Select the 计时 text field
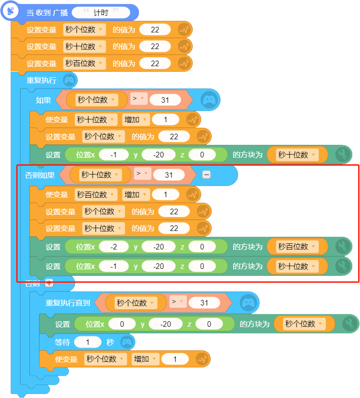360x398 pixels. click(101, 12)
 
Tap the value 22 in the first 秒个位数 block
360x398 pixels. click(155, 30)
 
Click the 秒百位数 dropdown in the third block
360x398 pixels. click(84, 63)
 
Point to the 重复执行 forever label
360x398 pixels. click(41, 80)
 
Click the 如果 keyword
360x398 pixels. click(43, 100)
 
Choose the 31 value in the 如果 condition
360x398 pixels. click(165, 100)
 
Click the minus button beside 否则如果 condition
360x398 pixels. click(206, 174)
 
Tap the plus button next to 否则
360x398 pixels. click(49, 283)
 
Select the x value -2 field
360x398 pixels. click(114, 247)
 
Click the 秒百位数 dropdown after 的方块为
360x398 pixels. click(297, 247)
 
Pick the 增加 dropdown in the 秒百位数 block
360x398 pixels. click(136, 195)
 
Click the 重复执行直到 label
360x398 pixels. click(68, 303)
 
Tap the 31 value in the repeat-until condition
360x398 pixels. click(204, 303)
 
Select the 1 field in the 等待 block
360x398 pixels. click(88, 342)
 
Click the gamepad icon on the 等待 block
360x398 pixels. click(127, 342)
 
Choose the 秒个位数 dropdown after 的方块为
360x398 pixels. click(304, 323)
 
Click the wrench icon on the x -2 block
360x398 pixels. click(343, 247)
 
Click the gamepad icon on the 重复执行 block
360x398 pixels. click(69, 80)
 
